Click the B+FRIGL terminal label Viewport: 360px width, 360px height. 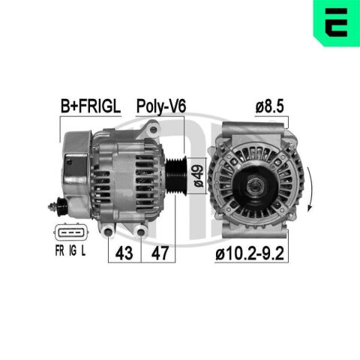[91, 106]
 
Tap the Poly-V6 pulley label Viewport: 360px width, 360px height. [161, 106]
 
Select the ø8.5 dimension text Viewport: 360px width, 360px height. [270, 106]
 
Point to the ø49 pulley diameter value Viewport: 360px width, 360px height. [199, 175]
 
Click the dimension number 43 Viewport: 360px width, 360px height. [124, 253]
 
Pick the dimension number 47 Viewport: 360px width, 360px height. [160, 253]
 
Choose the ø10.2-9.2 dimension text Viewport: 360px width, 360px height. [250, 253]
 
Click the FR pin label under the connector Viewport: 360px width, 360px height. [59, 250]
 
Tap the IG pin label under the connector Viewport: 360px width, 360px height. [73, 250]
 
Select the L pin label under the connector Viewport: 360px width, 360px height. [83, 250]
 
